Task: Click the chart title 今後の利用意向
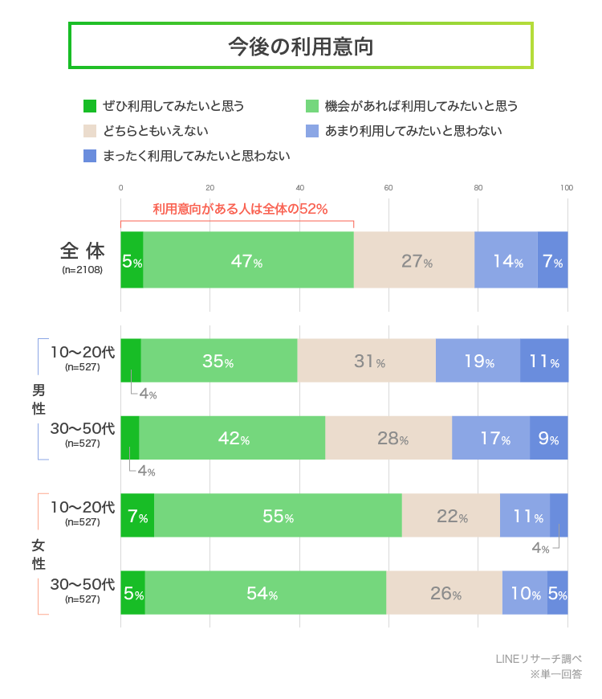point(301,46)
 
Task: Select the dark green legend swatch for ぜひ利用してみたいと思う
point(90,105)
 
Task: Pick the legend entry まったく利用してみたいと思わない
point(196,156)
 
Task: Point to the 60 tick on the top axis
point(388,188)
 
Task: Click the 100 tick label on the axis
point(567,188)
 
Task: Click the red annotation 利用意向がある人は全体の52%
point(240,210)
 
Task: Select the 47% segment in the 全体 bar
point(248,260)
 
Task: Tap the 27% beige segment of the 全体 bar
point(414,260)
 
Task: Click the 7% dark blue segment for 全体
point(552,260)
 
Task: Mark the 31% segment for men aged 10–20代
point(367,361)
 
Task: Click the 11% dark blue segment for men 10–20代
point(543,361)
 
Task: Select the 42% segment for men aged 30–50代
point(232,439)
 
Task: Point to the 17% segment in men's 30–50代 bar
point(490,439)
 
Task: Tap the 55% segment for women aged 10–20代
point(277,516)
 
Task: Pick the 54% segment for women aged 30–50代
point(265,594)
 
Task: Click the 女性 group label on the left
point(39,554)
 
